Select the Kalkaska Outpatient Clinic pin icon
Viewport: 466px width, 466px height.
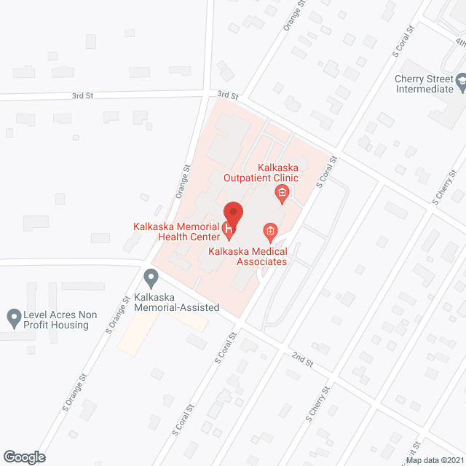pyautogui.click(x=282, y=194)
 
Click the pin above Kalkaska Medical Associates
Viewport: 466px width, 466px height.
pyautogui.click(x=270, y=233)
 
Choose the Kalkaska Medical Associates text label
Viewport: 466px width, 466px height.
pyautogui.click(x=247, y=256)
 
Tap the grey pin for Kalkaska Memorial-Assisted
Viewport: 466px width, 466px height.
pyautogui.click(x=151, y=278)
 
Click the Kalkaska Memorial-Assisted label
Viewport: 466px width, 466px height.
pyautogui.click(x=176, y=302)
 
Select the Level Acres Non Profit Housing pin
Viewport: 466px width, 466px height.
pyautogui.click(x=13, y=317)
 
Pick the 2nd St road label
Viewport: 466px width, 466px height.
pyautogui.click(x=302, y=358)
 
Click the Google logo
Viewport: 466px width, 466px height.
pyautogui.click(x=23, y=457)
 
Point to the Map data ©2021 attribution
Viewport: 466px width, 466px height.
pyautogui.click(x=434, y=460)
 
